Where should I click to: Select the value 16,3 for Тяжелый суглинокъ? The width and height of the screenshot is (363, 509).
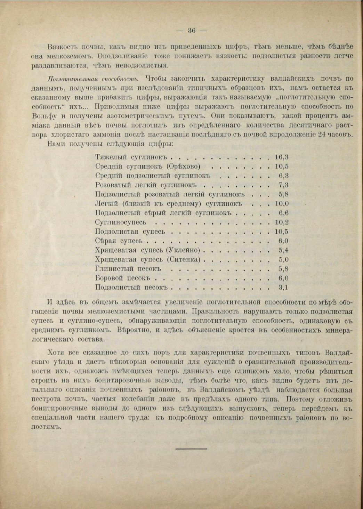[x=282, y=157]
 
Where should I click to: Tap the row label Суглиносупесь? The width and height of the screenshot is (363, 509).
[x=121, y=223]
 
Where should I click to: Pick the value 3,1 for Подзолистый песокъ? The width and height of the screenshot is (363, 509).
[x=283, y=288]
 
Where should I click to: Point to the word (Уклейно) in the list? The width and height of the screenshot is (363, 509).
[x=184, y=250]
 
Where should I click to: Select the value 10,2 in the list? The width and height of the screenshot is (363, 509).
[x=282, y=223]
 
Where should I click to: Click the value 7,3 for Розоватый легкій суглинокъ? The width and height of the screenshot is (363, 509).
[x=283, y=185]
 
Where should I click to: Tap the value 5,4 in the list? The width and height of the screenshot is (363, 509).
[x=283, y=250]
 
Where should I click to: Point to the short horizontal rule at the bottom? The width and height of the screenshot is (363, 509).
[x=191, y=449]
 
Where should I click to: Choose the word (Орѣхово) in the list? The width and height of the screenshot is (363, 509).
[x=183, y=166]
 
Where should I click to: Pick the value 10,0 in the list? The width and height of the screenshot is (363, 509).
[x=282, y=204]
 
